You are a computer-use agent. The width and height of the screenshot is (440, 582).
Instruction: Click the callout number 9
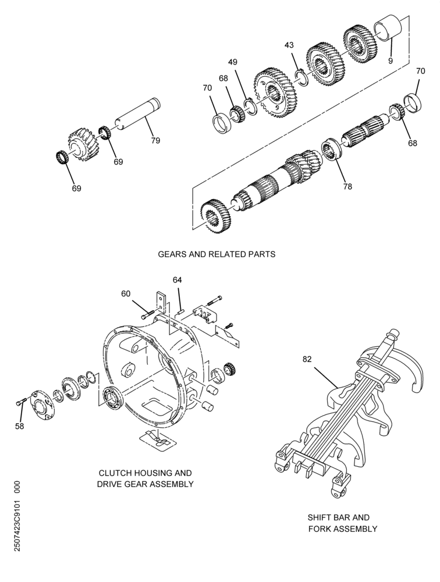pos(391,61)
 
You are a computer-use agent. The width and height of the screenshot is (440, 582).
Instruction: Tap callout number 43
pos(289,45)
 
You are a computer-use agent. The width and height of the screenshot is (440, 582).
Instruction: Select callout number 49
pos(233,62)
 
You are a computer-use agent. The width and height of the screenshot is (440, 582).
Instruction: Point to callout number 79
pos(155,140)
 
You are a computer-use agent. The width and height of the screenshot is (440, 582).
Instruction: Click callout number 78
pos(347,186)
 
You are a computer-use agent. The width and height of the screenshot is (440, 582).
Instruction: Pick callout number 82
pos(307,359)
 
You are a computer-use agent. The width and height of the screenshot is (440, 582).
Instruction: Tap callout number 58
pos(19,426)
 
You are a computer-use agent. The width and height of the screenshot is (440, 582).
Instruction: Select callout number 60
pos(126,293)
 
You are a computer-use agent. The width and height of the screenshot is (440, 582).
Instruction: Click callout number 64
pos(177,280)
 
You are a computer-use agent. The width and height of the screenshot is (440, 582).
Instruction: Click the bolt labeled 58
pos(21,401)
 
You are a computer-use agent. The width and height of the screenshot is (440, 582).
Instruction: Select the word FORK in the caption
pos(320,528)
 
